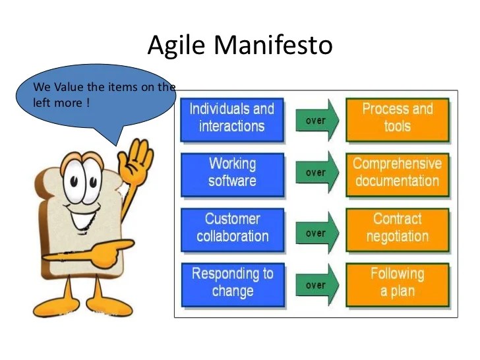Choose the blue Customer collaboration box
[x=231, y=227]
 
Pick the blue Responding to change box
[x=231, y=282]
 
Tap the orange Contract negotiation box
[x=397, y=227]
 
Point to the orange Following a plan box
[x=397, y=282]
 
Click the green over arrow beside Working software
[x=316, y=173]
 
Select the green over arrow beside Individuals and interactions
[x=316, y=120]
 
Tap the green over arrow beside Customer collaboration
[x=316, y=233]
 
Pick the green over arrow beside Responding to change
[x=316, y=285]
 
